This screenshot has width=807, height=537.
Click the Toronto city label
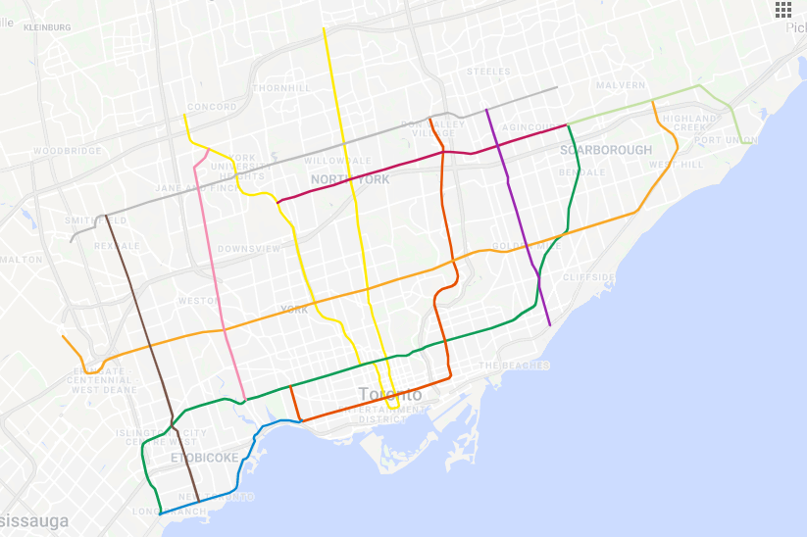click(x=390, y=395)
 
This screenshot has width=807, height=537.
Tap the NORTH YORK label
click(x=350, y=179)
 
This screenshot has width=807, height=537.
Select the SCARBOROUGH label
click(x=606, y=150)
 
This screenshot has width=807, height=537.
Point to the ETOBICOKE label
click(x=204, y=458)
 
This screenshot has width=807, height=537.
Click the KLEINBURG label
click(x=47, y=27)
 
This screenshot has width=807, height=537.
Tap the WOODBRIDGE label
click(x=67, y=151)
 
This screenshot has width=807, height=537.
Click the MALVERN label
click(x=620, y=85)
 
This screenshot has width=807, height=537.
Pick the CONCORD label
click(x=212, y=107)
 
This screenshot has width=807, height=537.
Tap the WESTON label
click(x=197, y=301)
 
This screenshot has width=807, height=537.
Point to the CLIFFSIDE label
click(x=588, y=277)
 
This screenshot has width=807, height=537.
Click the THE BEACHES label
click(x=503, y=366)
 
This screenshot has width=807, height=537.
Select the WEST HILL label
click(x=676, y=165)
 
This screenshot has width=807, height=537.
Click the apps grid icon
click(x=782, y=10)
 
